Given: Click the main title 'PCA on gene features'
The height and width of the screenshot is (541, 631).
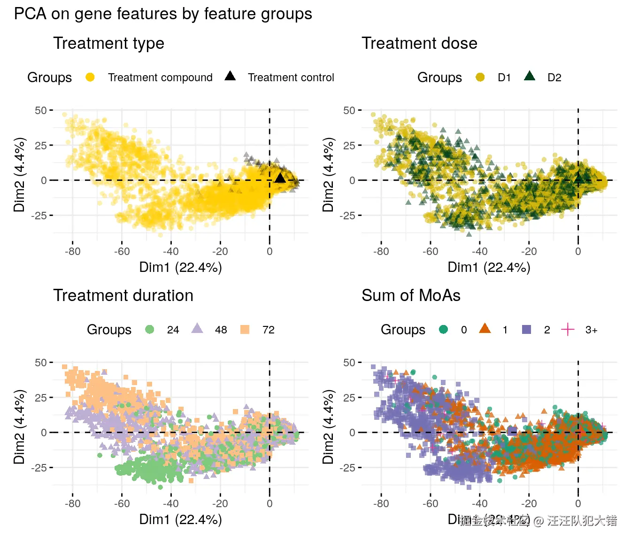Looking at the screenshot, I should pos(163,14).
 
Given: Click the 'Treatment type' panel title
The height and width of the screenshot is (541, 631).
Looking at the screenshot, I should pos(108,43).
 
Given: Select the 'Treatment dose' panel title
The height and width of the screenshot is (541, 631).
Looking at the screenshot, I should pos(419,43).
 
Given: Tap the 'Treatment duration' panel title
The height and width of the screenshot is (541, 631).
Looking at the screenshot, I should pos(123,295).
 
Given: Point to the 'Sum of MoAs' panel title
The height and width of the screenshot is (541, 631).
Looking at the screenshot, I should pos(411,295).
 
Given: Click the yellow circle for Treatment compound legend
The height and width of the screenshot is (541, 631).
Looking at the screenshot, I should pos(90,77).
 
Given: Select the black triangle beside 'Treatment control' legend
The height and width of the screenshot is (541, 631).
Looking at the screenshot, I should pos(230,76).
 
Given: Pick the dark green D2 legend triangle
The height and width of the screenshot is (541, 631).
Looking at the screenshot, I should pos(530,76).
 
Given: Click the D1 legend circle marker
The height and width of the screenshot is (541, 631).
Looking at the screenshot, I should pos(480,77).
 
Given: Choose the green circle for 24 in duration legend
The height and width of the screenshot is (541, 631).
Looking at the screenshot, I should pos(150,329).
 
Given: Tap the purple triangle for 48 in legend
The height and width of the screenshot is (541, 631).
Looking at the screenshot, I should pos(197,328).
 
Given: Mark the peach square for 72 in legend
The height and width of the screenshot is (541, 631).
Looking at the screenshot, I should pos(245,329).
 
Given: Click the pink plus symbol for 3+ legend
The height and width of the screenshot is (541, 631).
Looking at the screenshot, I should pos(568,329).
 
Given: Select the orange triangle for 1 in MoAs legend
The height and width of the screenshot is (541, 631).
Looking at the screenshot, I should pos(485,328).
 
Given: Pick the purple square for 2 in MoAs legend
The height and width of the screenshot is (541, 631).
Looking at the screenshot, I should pos(527,329).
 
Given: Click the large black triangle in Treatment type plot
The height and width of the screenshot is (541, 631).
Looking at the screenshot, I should pos(280,178).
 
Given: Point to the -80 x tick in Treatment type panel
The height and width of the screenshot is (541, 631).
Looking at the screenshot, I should pos(72,251).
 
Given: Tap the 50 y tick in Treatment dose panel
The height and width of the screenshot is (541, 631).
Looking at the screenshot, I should pos(349,110).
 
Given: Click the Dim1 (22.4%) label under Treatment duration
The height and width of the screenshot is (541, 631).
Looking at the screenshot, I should pos(180,519).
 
